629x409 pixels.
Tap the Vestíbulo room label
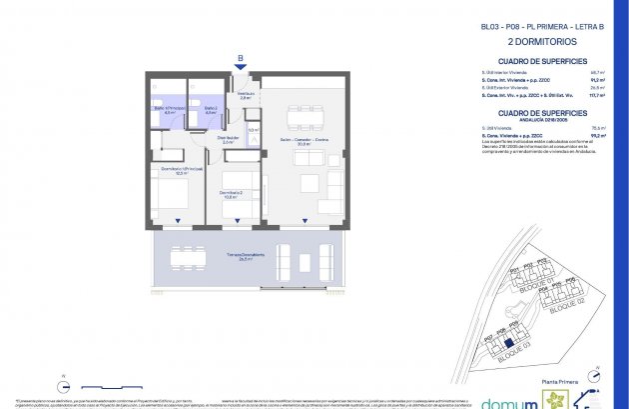tap(245, 96)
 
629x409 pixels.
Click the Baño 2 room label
tap(211, 111)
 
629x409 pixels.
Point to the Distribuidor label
tap(229, 140)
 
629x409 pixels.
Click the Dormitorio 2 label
tap(231, 194)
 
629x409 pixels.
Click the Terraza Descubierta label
tap(244, 256)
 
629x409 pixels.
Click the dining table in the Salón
tap(306, 118)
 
